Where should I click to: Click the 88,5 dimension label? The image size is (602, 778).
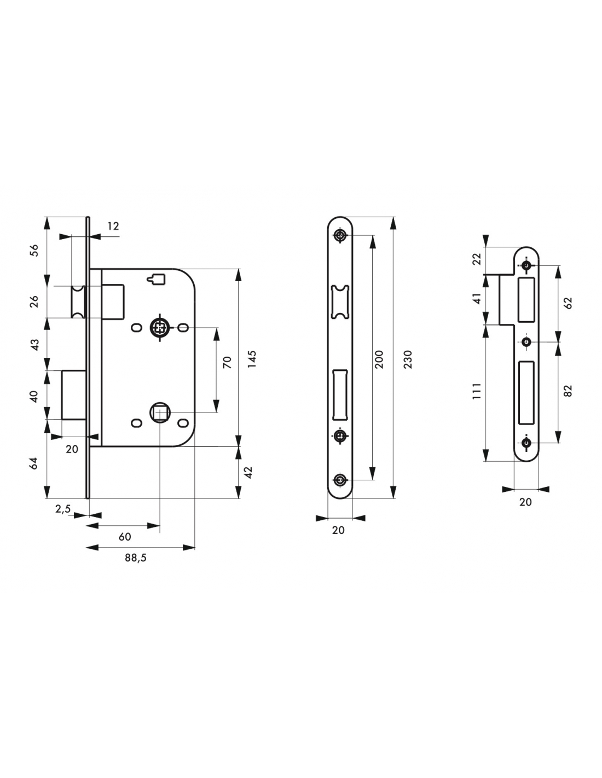135,558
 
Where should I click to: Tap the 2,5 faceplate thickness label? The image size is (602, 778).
63,509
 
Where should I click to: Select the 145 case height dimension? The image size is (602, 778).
252,359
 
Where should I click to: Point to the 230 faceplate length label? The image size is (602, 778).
408,359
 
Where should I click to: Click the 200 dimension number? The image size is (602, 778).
379,359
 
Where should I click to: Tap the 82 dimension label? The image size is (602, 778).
568,391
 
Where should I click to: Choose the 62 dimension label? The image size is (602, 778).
568,303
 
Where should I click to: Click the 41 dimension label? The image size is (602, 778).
477,298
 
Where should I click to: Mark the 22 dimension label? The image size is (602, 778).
477,259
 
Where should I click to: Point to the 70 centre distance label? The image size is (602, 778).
227,362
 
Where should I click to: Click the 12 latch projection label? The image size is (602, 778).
113,226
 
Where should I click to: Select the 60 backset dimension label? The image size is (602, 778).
125,537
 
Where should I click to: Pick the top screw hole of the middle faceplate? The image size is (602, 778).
340,235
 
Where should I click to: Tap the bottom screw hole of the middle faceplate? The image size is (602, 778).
340,480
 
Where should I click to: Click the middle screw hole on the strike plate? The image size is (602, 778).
526,342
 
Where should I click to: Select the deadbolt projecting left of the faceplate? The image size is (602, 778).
74,394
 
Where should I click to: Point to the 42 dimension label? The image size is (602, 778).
249,472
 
